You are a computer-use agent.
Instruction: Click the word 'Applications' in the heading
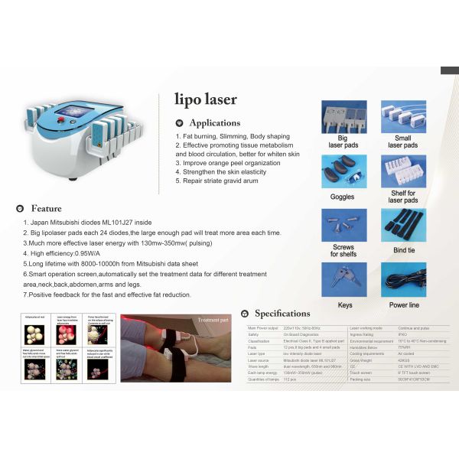(214, 122)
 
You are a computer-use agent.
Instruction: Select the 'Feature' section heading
(47, 208)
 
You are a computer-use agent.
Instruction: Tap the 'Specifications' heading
(282, 313)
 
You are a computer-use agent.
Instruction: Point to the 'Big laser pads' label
(343, 141)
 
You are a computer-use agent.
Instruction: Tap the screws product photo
(343, 225)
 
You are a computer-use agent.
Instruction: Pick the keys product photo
(343, 280)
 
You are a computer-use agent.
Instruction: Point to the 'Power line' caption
(403, 304)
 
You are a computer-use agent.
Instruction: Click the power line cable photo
(403, 280)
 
